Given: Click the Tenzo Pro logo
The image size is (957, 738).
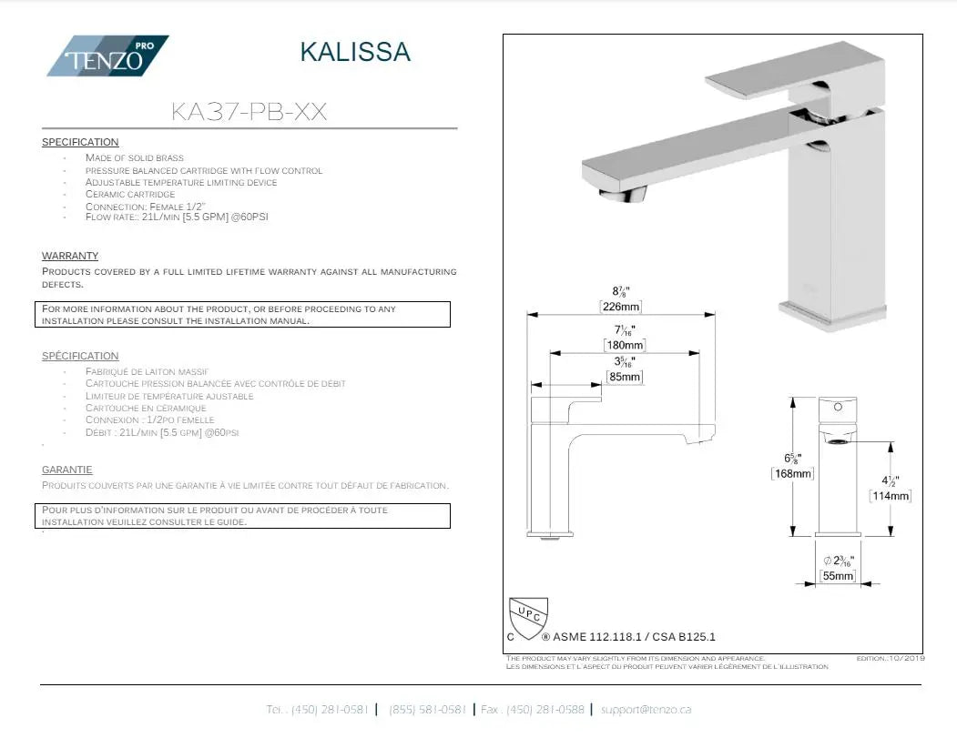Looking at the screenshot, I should pos(107,56).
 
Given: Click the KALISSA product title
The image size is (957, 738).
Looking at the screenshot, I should pos(355,52).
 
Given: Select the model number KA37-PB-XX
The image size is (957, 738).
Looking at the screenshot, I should pos(249,112).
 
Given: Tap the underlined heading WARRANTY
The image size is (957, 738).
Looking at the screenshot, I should pos(70,256).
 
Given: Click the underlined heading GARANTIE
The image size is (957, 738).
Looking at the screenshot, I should pos(67,470).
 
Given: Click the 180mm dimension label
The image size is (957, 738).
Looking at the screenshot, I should pos(625,346).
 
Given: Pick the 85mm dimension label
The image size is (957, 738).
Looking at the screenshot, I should pos(625,377).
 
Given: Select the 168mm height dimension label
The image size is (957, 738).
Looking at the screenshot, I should pos(792,473).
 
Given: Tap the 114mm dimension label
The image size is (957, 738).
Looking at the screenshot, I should pos(891,496).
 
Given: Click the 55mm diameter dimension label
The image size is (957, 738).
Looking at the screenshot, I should pos(839,576).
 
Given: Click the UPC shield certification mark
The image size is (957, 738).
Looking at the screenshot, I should pos(527,619).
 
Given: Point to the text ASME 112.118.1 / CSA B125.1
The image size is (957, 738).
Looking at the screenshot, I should pos(634,637).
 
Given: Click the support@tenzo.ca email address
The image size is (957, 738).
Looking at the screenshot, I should pos(646,709).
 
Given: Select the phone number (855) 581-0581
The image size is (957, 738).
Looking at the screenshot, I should pos(428,709).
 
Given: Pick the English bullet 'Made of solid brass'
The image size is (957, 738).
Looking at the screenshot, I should pos(135,157).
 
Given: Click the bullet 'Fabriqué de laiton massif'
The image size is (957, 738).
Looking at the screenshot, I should pos(147,371).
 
